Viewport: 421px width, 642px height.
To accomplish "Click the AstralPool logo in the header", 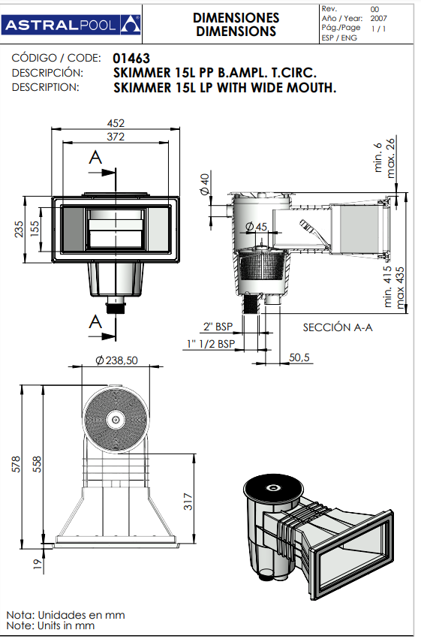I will point(72,25).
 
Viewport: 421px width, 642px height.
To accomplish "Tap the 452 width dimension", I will point(116,123).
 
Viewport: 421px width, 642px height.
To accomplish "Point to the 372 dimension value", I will point(116,137).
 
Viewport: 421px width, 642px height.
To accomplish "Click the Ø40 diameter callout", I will point(205,183).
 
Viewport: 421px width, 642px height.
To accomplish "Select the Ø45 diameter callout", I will point(256,227).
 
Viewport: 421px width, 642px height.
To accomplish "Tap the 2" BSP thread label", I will point(218,327).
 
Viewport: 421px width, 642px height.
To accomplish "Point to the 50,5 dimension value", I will point(300,357).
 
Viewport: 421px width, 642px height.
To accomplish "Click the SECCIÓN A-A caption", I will point(338,327).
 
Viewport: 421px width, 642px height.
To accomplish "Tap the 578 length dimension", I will point(17,466).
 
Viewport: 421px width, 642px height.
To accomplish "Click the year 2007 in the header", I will point(380,18).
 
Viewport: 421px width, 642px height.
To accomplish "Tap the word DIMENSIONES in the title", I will point(236,17).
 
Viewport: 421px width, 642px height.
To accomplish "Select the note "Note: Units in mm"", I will point(50,625).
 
